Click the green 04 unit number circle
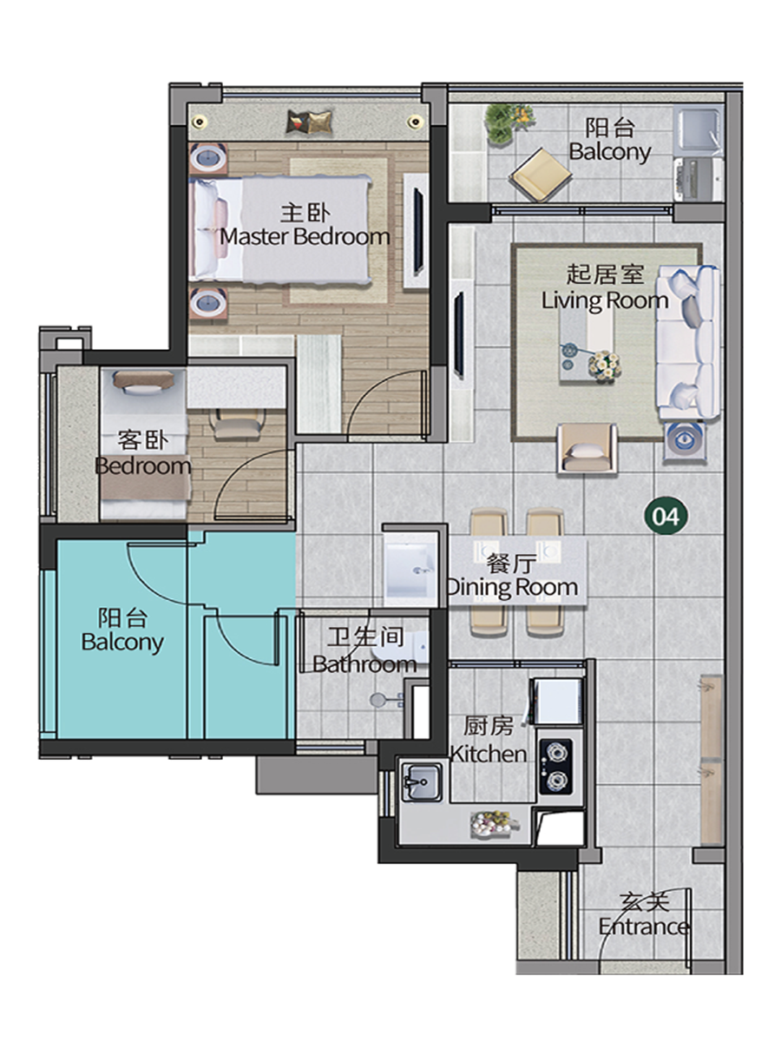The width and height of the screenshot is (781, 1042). pyautogui.click(x=666, y=515)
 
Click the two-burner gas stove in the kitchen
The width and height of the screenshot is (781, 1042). pyautogui.click(x=555, y=766)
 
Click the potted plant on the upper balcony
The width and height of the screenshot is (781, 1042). pyautogui.click(x=509, y=122)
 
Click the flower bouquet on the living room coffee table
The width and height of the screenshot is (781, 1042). pyautogui.click(x=605, y=365)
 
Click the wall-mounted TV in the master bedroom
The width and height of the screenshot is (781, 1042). pyautogui.click(x=417, y=231)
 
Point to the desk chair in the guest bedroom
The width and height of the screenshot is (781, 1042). pyautogui.click(x=237, y=424)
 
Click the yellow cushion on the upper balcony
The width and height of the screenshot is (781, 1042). pyautogui.click(x=541, y=175)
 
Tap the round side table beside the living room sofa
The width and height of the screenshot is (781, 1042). pyautogui.click(x=685, y=439)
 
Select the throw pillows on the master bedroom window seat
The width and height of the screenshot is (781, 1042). pyautogui.click(x=309, y=122)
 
